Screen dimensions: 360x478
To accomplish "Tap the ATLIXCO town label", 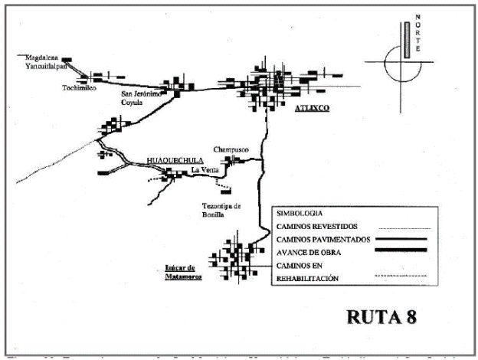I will [312, 110].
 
